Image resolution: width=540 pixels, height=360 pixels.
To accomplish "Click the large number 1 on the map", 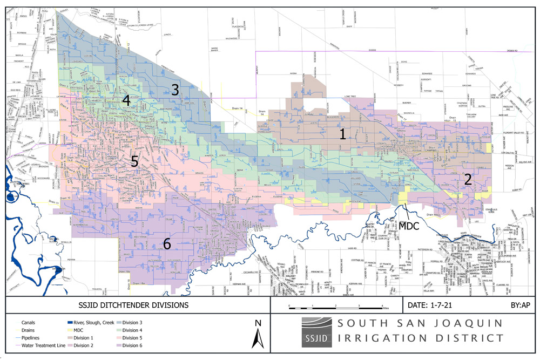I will (x=342, y=134).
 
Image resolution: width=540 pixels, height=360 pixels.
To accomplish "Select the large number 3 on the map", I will (x=174, y=90).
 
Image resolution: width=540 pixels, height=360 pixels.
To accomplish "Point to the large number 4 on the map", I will (x=126, y=101).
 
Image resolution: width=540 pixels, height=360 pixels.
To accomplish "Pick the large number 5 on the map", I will (x=134, y=160).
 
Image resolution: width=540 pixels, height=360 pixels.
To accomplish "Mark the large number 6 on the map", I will (x=167, y=244).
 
